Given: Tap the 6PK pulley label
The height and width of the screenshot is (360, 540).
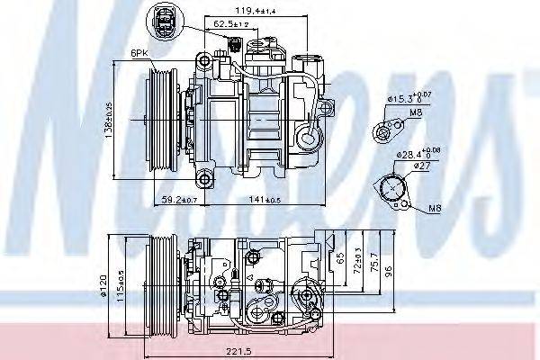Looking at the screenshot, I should [139, 53].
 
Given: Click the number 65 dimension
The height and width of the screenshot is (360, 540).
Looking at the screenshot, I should [340, 256].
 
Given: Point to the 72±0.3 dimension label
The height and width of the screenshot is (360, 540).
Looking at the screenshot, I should [357, 264].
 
